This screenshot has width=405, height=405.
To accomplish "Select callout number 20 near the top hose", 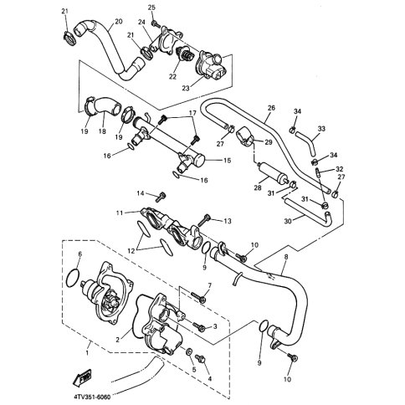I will pyautogui.click(x=117, y=21).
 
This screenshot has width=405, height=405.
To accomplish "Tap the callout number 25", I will pyautogui.click(x=153, y=7).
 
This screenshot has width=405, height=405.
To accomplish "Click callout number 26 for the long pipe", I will pyautogui.click(x=271, y=108).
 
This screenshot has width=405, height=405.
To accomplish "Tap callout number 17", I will pyautogui.click(x=192, y=112).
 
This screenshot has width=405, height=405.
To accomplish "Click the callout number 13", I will pyautogui.click(x=227, y=221).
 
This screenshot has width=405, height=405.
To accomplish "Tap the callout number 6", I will pyautogui.click(x=79, y=254).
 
